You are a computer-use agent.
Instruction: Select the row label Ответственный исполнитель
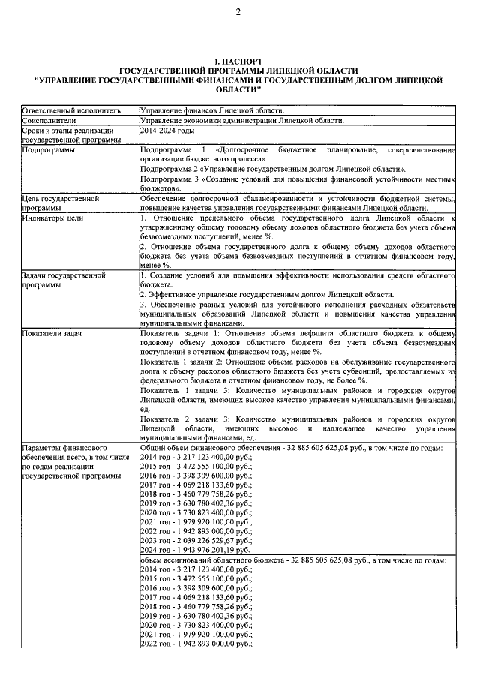click(67, 110)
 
